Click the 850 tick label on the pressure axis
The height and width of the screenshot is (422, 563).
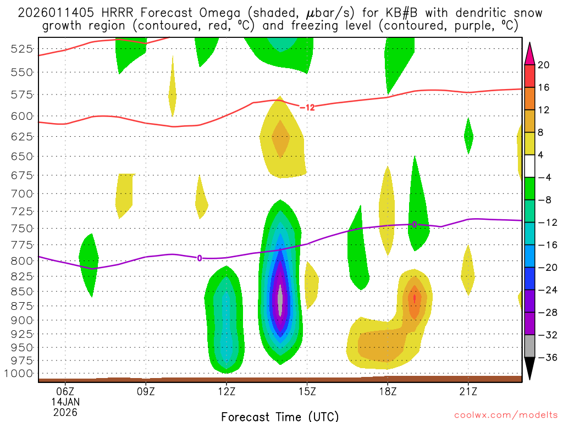[x=21, y=291]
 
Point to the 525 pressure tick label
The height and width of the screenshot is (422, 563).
[x=21, y=48]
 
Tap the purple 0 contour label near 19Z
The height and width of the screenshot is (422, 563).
[x=414, y=224]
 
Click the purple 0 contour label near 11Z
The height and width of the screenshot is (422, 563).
[x=200, y=258]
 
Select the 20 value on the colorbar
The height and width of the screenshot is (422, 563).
[x=544, y=65]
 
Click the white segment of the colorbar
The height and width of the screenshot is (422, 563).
[x=529, y=166]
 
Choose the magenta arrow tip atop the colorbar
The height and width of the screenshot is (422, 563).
[x=529, y=53]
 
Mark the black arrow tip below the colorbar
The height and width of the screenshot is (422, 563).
[x=529, y=369]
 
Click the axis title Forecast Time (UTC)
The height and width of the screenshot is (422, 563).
[x=280, y=416]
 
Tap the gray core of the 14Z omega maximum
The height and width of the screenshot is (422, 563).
[x=280, y=301]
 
